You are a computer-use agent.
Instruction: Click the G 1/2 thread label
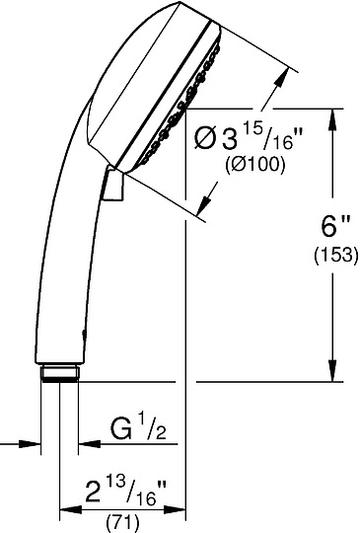point(138,429)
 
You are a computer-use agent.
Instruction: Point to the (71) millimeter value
point(122,523)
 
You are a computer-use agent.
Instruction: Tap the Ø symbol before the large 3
point(206,139)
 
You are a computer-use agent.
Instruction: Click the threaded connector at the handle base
point(60,373)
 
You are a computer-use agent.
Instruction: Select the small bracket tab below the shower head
point(113,185)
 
